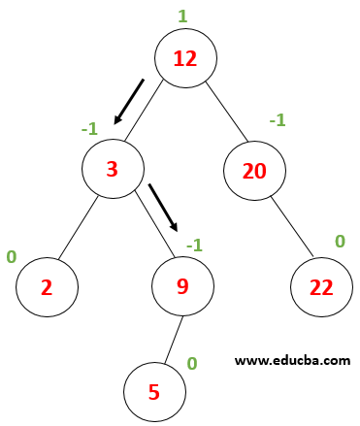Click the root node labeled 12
click(x=184, y=57)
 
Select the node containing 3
click(x=112, y=169)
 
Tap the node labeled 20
click(x=253, y=172)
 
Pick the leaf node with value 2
click(x=45, y=286)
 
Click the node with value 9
click(x=183, y=286)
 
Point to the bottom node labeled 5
click(x=154, y=394)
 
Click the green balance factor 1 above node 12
click(x=182, y=16)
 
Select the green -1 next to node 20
click(x=277, y=119)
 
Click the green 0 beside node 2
click(x=12, y=257)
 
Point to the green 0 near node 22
click(x=340, y=240)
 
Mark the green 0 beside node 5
click(x=192, y=363)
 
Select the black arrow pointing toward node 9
click(x=163, y=206)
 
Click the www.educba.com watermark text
click(x=292, y=360)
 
